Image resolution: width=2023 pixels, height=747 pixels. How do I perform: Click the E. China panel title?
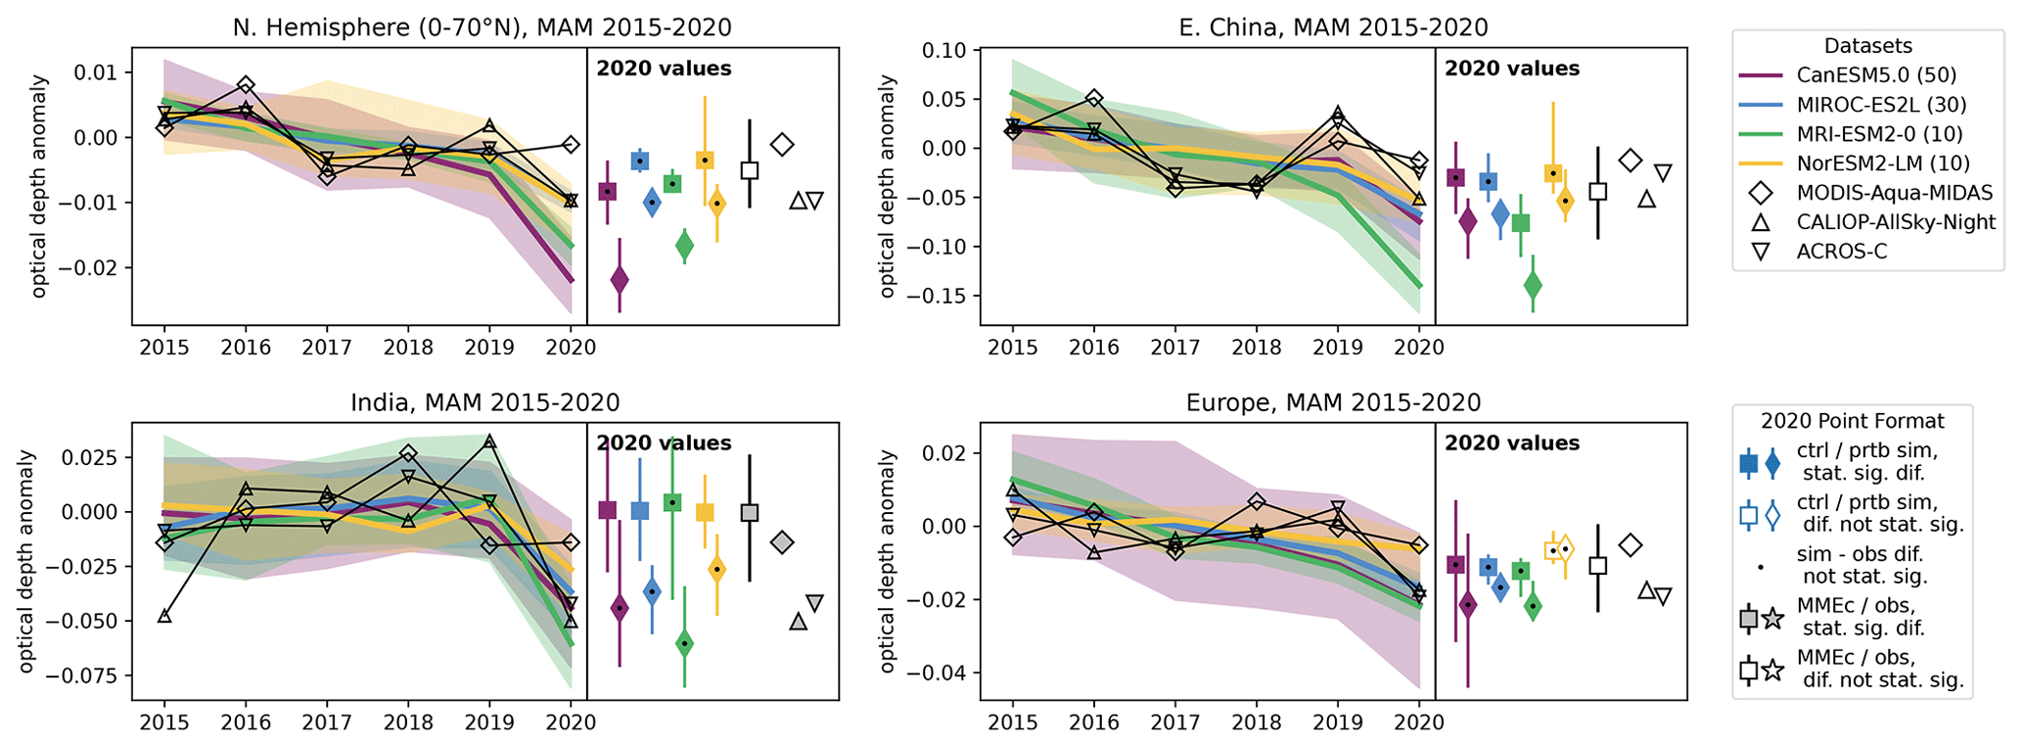(x=1333, y=27)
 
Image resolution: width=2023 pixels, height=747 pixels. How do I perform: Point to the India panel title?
(x=484, y=402)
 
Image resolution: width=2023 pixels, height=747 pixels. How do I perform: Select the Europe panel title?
(x=1333, y=402)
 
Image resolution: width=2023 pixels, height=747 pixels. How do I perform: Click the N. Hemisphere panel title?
(x=482, y=27)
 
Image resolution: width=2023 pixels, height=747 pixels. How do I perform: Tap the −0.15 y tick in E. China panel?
(x=936, y=296)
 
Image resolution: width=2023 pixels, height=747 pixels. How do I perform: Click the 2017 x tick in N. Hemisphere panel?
(x=327, y=348)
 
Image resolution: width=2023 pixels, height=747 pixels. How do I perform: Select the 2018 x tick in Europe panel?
(x=1256, y=723)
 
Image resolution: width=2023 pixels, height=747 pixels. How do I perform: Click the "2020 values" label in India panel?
(x=664, y=444)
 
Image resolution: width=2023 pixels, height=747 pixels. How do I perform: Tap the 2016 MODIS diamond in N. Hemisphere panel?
(x=246, y=85)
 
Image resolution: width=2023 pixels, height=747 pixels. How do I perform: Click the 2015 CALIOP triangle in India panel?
(x=164, y=616)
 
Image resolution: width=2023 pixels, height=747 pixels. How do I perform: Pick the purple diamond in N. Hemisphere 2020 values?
(x=620, y=280)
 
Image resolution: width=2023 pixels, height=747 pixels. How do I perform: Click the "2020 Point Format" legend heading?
(x=1852, y=421)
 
